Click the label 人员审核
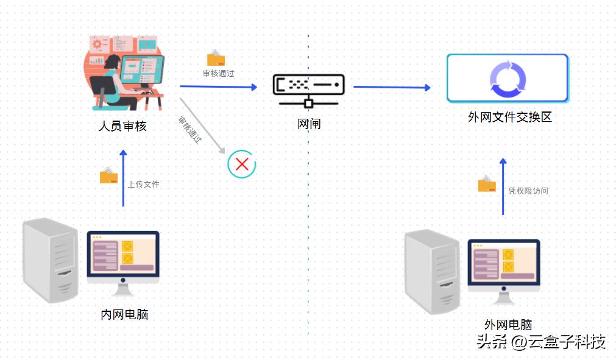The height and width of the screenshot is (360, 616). pyautogui.click(x=122, y=126)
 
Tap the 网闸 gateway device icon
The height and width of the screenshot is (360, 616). pyautogui.click(x=308, y=88)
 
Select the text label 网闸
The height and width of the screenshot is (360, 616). pyautogui.click(x=309, y=124)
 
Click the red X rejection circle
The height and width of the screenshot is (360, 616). pyautogui.click(x=242, y=164)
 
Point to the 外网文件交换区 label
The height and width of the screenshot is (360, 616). pyautogui.click(x=509, y=117)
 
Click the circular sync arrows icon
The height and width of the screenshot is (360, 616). pyautogui.click(x=507, y=79)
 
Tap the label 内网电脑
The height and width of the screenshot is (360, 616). pyautogui.click(x=124, y=314)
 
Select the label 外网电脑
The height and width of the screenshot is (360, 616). pyautogui.click(x=508, y=325)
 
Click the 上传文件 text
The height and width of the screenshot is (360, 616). pyautogui.click(x=144, y=184)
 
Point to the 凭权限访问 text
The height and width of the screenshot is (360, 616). pyautogui.click(x=528, y=191)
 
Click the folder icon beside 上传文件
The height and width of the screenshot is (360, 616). pyautogui.click(x=109, y=175)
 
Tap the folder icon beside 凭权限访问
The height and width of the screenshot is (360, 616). pyautogui.click(x=487, y=184)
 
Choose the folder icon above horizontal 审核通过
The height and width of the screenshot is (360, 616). pyautogui.click(x=216, y=58)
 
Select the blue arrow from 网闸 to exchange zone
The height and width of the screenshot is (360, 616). pyautogui.click(x=391, y=87)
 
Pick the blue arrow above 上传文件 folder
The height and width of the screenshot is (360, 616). pyautogui.click(x=124, y=180)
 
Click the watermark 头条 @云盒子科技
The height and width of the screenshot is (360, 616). pyautogui.click(x=540, y=342)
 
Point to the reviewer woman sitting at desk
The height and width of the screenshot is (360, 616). pyautogui.click(x=113, y=79)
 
